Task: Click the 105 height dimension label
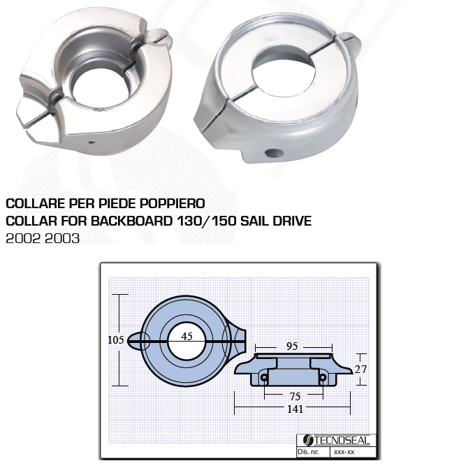tap(115, 339)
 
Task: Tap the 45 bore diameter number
tap(187, 337)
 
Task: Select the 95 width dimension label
tap(292, 346)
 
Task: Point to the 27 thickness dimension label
tap(360, 370)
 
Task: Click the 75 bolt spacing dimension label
tap(295, 396)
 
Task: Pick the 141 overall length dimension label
tap(295, 409)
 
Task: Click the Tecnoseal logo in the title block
tap(337, 440)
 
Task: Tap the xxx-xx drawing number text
tap(344, 452)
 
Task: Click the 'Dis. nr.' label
tap(308, 451)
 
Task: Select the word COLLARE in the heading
tap(36, 203)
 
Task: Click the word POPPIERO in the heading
tap(173, 203)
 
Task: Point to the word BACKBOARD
tap(131, 221)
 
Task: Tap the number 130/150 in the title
tap(207, 221)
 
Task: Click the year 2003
tap(63, 238)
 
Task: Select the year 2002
tap(23, 238)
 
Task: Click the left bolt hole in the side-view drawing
tap(265, 378)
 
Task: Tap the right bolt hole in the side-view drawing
tap(323, 378)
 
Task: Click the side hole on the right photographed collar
tap(274, 154)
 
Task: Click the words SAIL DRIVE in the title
tap(276, 221)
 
